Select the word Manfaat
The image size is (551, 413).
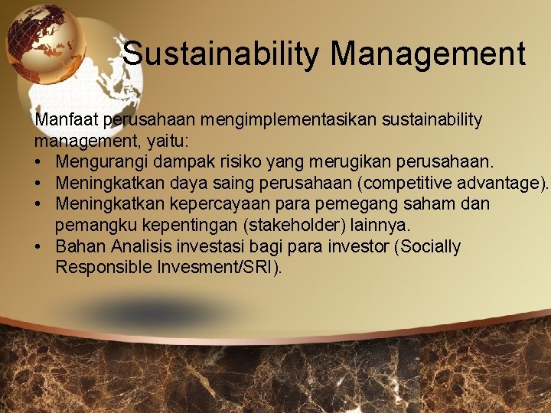tap(67, 120)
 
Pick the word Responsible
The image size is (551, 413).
tap(99, 268)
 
